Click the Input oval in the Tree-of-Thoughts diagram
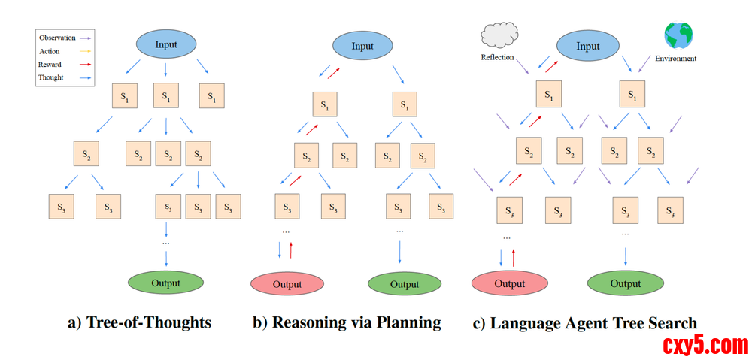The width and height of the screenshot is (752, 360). (x=166, y=44)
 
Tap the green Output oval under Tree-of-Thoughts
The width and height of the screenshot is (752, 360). (x=166, y=283)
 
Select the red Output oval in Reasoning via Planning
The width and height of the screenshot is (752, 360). (x=287, y=284)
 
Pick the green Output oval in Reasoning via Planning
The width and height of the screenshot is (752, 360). (x=405, y=284)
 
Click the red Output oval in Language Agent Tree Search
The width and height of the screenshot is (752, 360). (x=509, y=283)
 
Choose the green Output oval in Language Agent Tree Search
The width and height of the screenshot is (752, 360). (x=625, y=283)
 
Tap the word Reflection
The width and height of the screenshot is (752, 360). (x=497, y=58)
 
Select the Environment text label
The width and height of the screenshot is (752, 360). (x=675, y=59)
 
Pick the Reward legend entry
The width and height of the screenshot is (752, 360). (x=50, y=65)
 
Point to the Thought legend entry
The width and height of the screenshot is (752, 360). (x=51, y=77)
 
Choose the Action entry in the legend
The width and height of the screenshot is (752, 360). (x=50, y=51)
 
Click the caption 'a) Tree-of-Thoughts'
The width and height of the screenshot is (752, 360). (x=139, y=323)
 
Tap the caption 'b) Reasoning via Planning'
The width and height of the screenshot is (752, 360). (x=346, y=323)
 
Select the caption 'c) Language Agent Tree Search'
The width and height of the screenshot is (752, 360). (x=584, y=324)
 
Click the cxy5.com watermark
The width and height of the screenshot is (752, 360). (x=705, y=346)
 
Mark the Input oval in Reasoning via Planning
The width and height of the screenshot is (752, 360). (x=362, y=46)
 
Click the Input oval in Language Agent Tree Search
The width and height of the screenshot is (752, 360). (x=588, y=46)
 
